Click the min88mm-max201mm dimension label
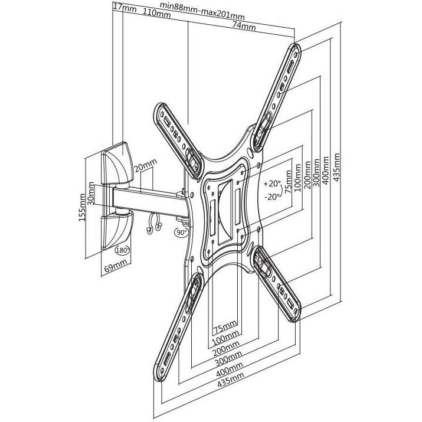tap(202, 11)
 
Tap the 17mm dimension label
tap(125, 8)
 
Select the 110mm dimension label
tap(156, 13)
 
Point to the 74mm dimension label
tap(244, 26)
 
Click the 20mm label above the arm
tap(145, 165)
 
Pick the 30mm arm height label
tap(91, 193)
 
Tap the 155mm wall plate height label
tap(82, 208)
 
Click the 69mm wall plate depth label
tap(116, 266)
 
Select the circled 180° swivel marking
tap(122, 250)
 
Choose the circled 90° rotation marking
tap(182, 232)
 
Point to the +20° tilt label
tap(272, 184)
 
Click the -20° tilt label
tap(272, 197)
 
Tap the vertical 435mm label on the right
tap(336, 167)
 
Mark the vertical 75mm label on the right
tap(288, 181)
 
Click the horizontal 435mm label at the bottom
tap(231, 380)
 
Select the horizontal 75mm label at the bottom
tap(225, 326)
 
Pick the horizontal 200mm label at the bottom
tap(226, 348)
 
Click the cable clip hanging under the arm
tap(154, 224)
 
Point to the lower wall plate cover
tap(117, 230)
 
